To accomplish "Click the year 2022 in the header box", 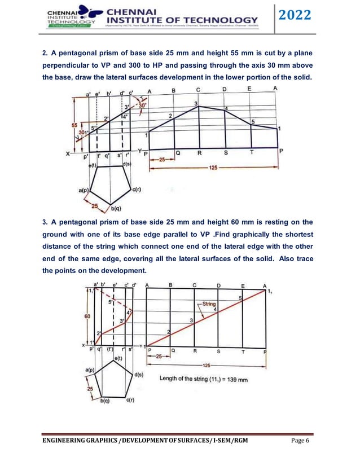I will click(295, 16).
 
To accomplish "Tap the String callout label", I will click(210, 303).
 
